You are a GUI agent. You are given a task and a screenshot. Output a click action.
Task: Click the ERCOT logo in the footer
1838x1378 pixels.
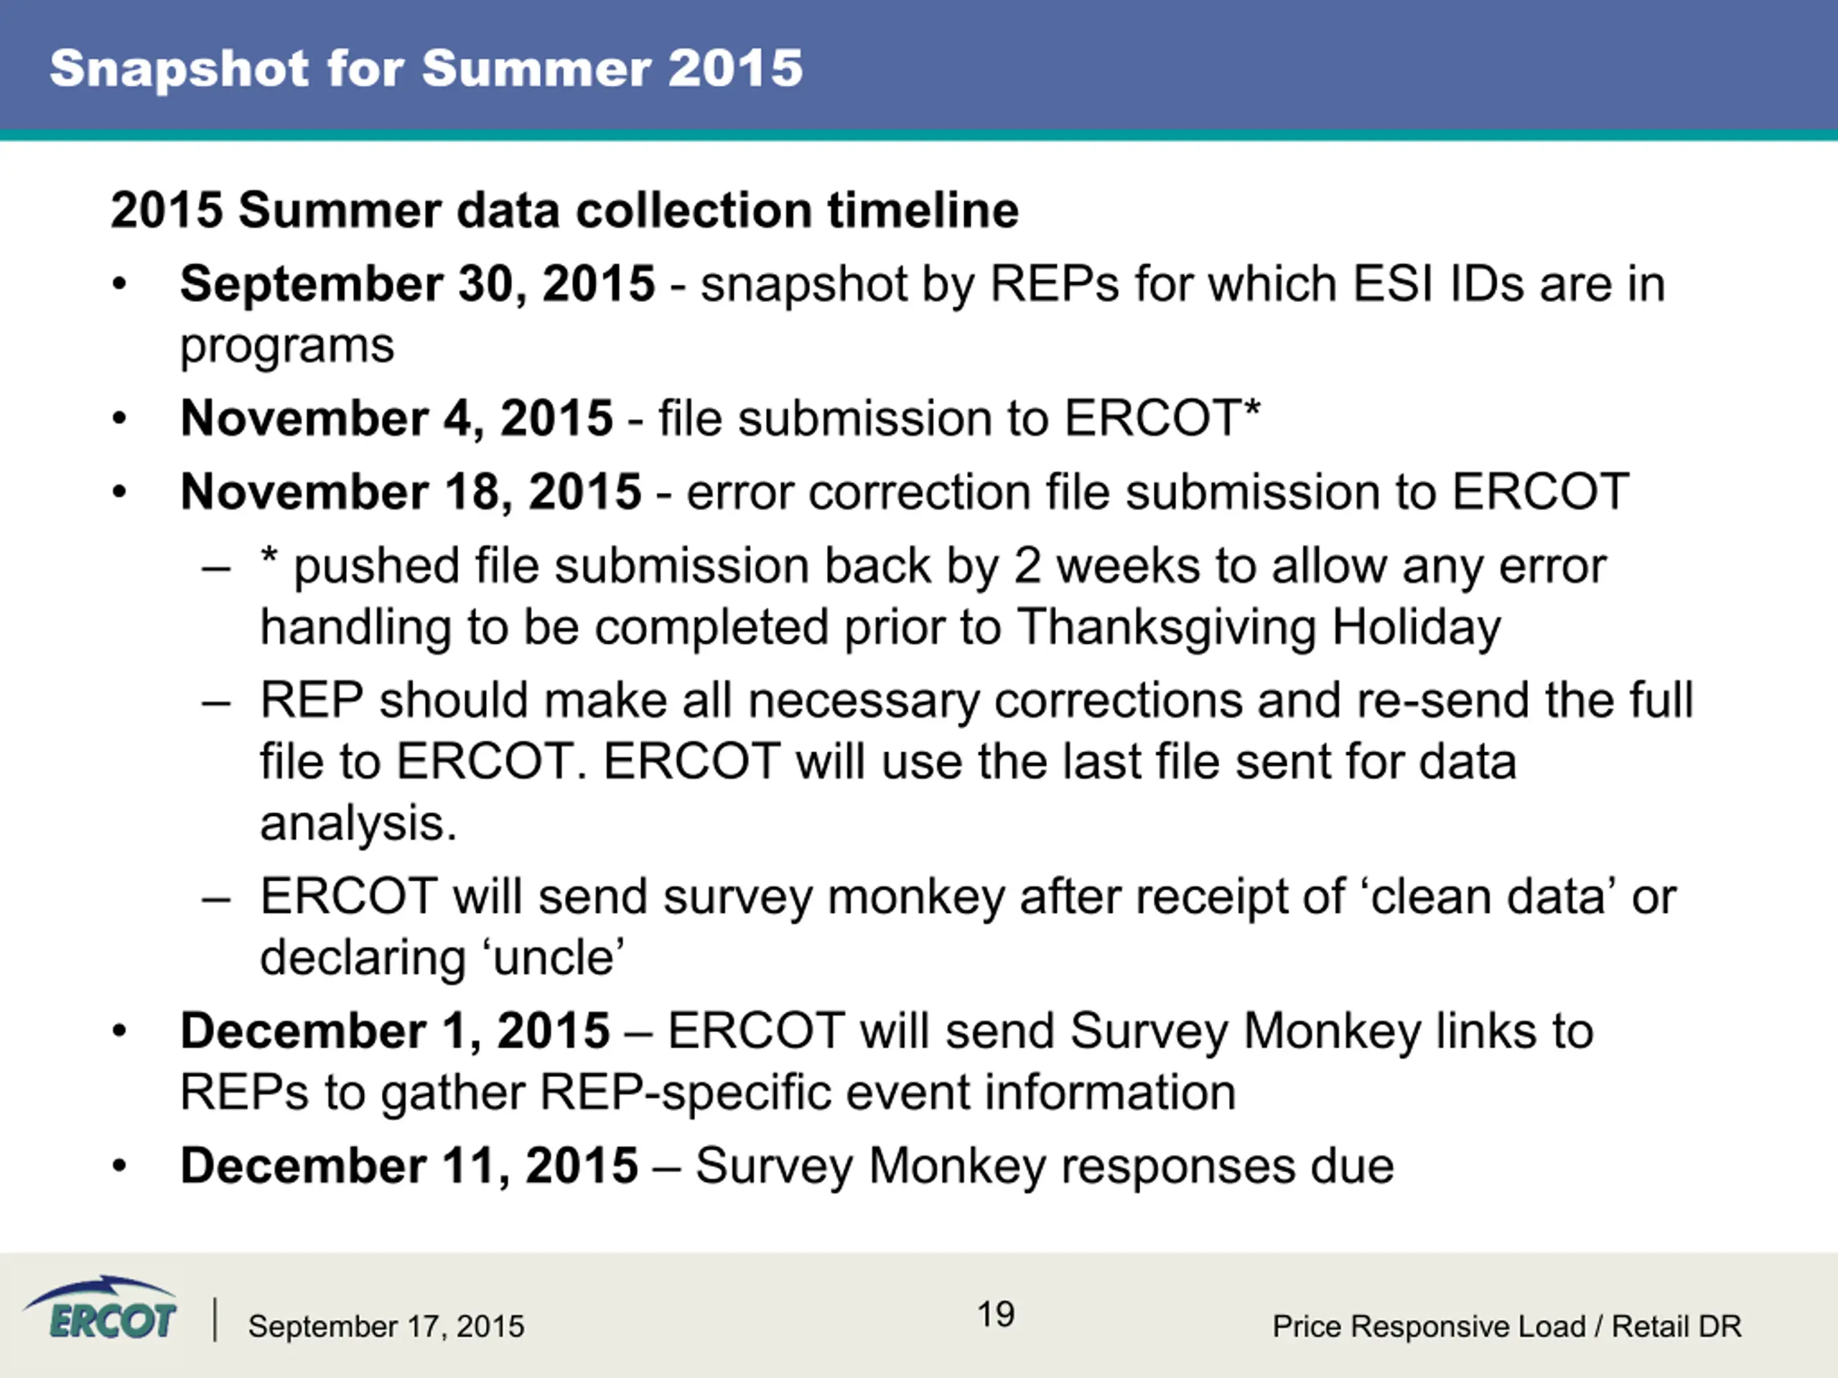100,1309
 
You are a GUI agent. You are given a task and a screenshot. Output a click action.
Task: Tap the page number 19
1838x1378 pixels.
995,1315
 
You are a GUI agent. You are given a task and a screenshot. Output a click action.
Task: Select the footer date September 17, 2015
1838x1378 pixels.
386,1327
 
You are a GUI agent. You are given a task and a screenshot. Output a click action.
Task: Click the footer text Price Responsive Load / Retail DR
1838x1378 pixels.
1506,1326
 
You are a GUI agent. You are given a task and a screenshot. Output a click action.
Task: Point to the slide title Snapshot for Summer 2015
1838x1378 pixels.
426,68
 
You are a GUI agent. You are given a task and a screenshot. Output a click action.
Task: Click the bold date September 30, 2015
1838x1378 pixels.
418,285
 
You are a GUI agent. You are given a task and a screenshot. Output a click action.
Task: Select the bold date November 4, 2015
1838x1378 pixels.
397,418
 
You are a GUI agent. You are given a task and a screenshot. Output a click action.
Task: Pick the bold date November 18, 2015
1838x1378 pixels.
411,492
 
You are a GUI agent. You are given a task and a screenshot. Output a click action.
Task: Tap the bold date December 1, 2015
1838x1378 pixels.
396,1031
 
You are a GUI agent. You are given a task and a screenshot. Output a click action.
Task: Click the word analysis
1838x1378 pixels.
359,825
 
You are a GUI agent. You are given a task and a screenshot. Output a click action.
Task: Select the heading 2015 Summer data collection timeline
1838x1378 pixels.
565,210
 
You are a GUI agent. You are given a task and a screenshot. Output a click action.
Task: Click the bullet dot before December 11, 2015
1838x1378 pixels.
120,1167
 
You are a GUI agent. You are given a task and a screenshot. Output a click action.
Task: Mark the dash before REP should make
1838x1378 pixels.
216,703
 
